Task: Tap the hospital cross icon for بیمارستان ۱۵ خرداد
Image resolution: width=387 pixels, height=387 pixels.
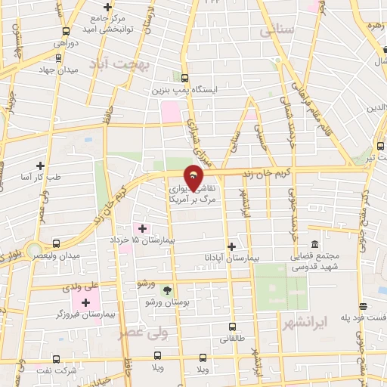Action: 143,228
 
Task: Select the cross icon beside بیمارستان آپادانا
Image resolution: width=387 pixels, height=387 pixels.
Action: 231,246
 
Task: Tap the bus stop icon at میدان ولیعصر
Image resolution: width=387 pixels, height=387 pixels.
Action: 57,244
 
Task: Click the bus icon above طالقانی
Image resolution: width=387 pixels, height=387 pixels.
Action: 232,327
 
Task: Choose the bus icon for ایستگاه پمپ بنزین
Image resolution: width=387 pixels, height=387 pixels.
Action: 185,78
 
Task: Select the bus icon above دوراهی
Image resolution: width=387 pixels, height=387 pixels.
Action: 67,32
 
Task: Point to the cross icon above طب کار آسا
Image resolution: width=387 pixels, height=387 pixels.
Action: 40,165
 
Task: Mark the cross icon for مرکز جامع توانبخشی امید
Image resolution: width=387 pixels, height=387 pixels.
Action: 108,8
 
